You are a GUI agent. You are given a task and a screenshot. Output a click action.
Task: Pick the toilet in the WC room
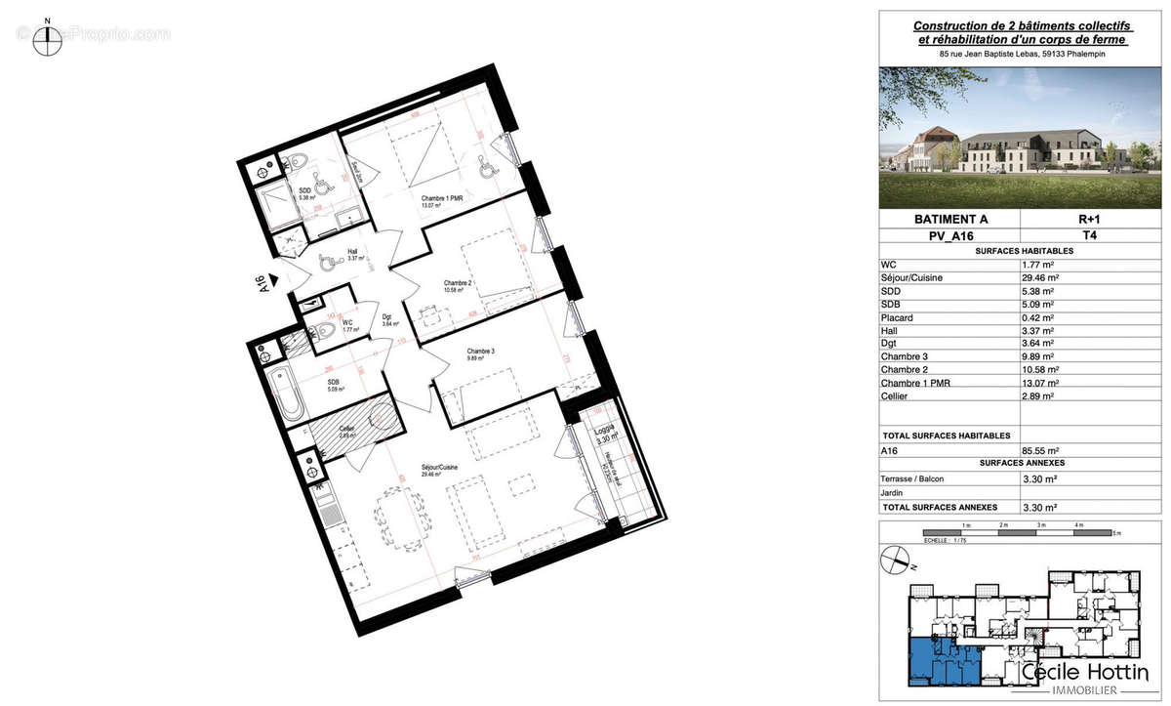(x=327, y=331)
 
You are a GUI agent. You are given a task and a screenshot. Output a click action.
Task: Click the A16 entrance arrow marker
(x=276, y=281)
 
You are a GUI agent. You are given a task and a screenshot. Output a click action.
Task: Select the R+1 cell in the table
(x=1090, y=220)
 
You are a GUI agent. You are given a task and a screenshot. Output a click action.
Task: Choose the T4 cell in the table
(x=1090, y=235)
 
